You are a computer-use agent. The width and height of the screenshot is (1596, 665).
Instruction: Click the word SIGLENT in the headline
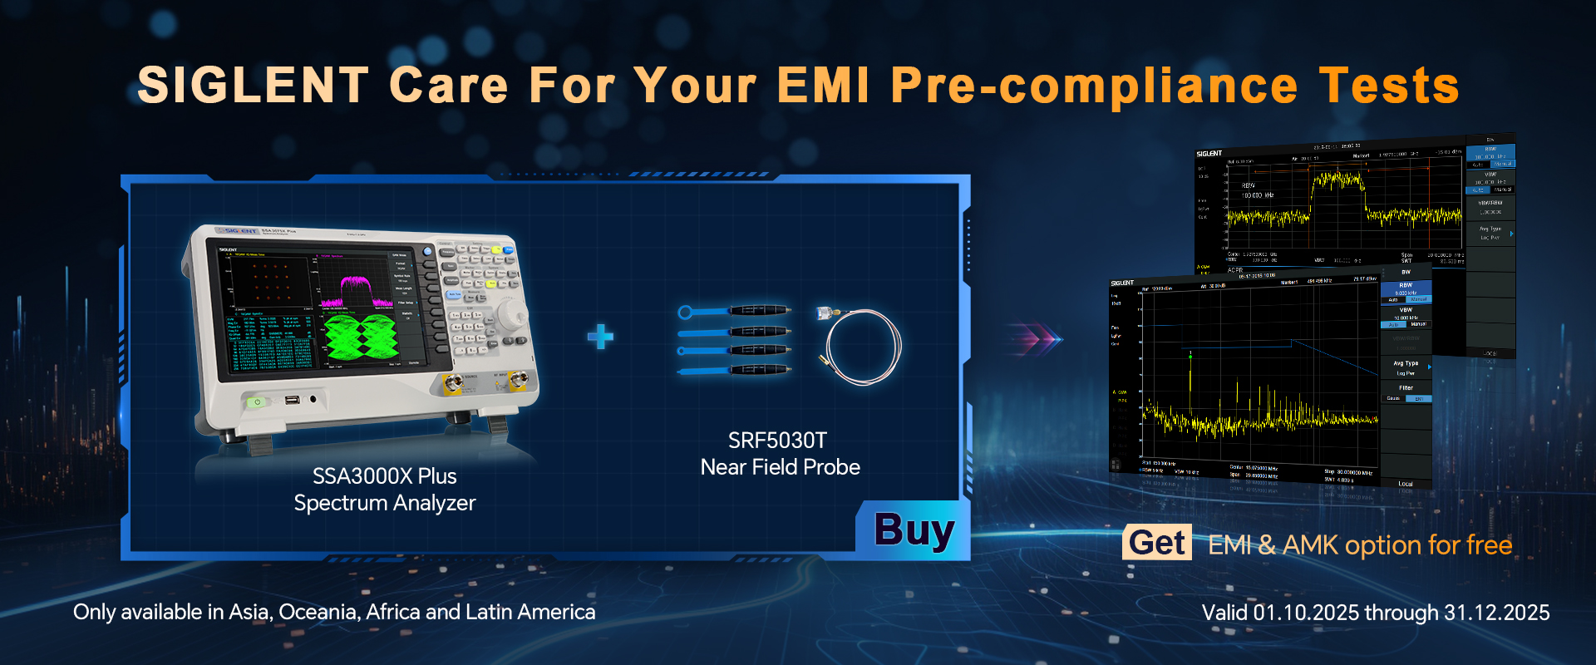[253, 86]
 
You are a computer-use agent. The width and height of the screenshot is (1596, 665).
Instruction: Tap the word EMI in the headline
[823, 86]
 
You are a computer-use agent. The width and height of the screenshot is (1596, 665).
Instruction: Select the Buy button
[914, 531]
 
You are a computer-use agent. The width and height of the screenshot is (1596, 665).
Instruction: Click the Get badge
[1156, 543]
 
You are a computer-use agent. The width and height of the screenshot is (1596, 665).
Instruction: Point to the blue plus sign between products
[600, 337]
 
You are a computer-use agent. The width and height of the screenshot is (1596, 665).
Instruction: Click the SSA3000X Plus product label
[384, 476]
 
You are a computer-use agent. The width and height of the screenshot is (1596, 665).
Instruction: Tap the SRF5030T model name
[777, 441]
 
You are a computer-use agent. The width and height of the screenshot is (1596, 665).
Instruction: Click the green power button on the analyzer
[258, 402]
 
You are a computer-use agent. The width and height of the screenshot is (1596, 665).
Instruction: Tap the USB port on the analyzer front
[292, 401]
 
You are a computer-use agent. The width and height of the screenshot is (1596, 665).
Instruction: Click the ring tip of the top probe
[685, 313]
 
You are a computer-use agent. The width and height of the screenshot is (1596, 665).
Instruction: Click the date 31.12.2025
[1496, 613]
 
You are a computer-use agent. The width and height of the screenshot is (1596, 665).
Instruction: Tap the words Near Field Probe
[780, 467]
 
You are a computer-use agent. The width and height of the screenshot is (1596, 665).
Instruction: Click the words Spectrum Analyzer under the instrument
[384, 503]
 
